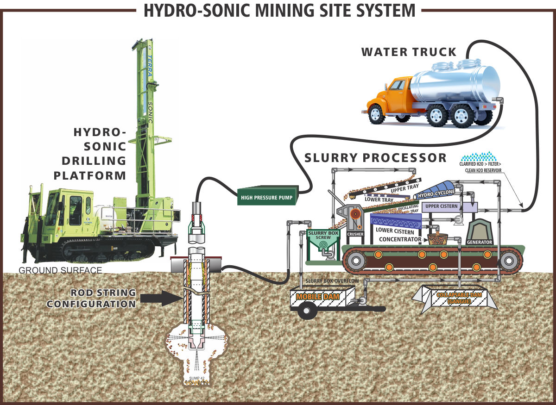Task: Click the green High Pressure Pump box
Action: [x=267, y=197]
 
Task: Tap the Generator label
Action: [x=480, y=242]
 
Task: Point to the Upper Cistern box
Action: [x=441, y=206]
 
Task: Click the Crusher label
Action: [x=355, y=234]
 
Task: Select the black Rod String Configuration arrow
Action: [x=160, y=298]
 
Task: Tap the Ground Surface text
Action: [x=60, y=270]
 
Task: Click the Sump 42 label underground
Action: [x=197, y=379]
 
